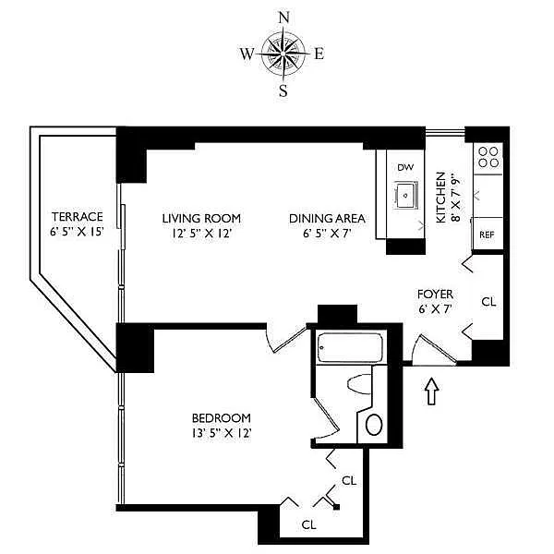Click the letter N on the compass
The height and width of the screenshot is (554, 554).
coord(284,18)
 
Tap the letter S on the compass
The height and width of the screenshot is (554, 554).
coord(283,91)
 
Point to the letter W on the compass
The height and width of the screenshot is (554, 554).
coord(247,54)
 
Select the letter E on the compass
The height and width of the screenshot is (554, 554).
coord(319,54)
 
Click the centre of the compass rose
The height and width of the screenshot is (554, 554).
coord(283,54)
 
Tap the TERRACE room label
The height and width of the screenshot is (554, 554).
coord(78,216)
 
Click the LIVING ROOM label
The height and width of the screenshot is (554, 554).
coord(201,218)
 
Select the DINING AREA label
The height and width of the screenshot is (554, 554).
coord(327,218)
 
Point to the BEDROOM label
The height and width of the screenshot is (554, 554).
coord(222,418)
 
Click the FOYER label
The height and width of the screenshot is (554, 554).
coord(435,294)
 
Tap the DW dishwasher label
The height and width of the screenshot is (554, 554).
coord(405,167)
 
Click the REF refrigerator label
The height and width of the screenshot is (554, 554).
coord(487,235)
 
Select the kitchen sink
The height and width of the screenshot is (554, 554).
coord(406,195)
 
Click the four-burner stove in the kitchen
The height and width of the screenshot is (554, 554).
coord(488,157)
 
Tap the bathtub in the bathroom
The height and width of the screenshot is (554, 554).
coord(350,348)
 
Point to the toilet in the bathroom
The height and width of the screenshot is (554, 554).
coord(360,384)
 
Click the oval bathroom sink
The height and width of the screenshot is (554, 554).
coord(374,425)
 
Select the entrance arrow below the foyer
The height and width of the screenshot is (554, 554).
coord(432,391)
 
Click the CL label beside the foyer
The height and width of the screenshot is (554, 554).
coord(488,302)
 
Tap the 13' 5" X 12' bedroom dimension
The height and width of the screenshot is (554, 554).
coord(222,433)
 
